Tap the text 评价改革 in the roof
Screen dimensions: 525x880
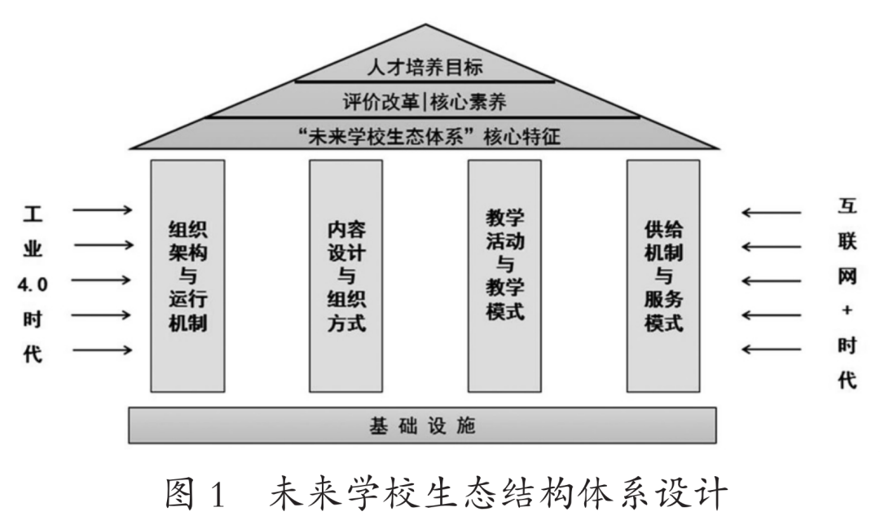(376, 101)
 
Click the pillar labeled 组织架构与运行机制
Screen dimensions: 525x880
(187, 276)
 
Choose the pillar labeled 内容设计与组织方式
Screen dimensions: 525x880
(345, 276)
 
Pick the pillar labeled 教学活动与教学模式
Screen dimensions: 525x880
(504, 276)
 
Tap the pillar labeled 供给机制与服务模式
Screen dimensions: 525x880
(662, 276)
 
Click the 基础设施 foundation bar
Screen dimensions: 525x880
(423, 425)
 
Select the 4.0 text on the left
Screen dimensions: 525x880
(33, 284)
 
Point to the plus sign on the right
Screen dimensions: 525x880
(847, 311)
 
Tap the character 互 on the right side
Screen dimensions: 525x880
(847, 208)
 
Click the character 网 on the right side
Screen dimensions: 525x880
(847, 276)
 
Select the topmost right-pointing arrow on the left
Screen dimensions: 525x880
(103, 210)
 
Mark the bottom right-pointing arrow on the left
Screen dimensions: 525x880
(103, 350)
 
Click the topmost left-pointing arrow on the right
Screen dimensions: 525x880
(771, 214)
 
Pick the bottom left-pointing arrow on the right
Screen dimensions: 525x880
(771, 350)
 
